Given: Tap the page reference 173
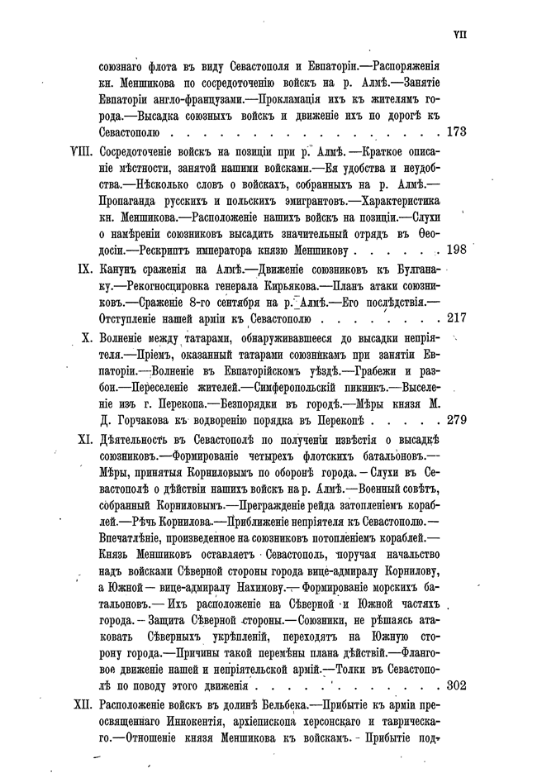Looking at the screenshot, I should [457, 131].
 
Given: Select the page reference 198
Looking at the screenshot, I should [457, 249].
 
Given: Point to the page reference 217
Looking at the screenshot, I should [457, 317].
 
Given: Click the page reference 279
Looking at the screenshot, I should [457, 419].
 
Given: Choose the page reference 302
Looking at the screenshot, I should [457, 685].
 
